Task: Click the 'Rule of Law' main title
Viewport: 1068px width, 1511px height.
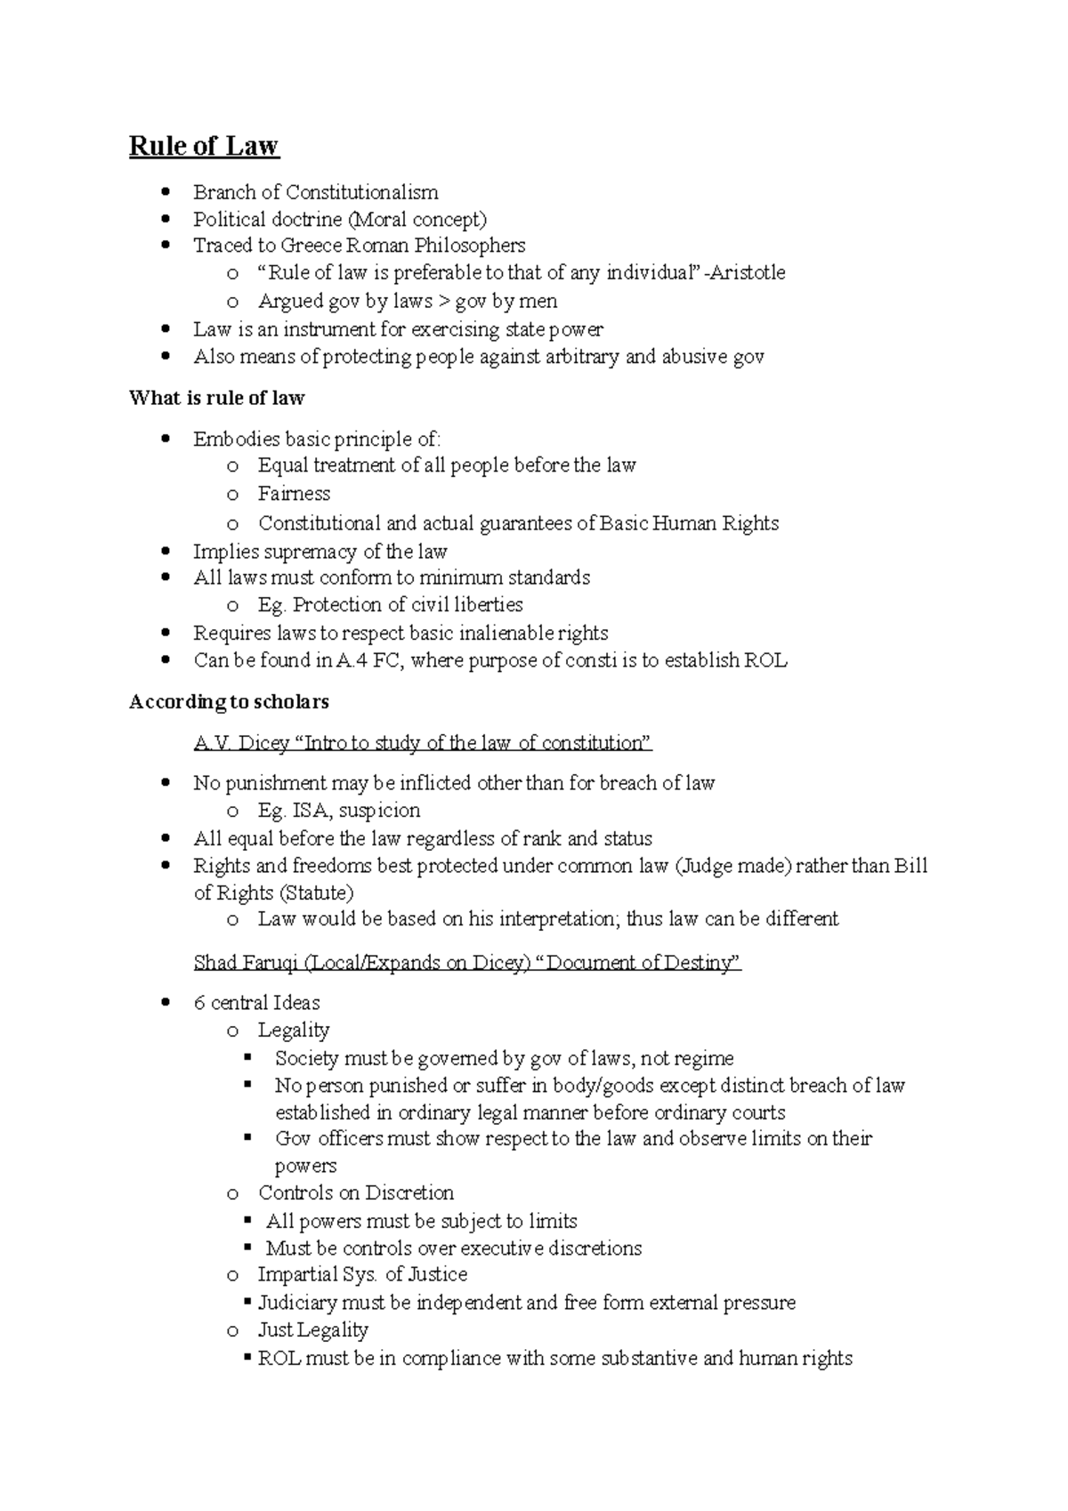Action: (x=204, y=146)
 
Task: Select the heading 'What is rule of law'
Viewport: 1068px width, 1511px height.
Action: (x=216, y=398)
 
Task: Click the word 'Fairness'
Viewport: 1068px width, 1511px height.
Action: (x=294, y=494)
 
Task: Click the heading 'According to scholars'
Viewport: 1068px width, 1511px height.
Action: (x=229, y=702)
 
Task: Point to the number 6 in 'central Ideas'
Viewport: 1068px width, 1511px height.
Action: (x=198, y=1003)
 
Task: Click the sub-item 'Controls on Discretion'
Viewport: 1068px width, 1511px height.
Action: (x=355, y=1192)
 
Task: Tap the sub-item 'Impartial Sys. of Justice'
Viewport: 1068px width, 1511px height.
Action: (x=362, y=1274)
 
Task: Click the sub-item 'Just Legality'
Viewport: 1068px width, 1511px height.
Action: (x=312, y=1330)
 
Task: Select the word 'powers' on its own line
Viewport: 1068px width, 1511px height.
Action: (x=305, y=1166)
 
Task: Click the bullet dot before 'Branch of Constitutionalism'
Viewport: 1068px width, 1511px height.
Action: (x=166, y=192)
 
